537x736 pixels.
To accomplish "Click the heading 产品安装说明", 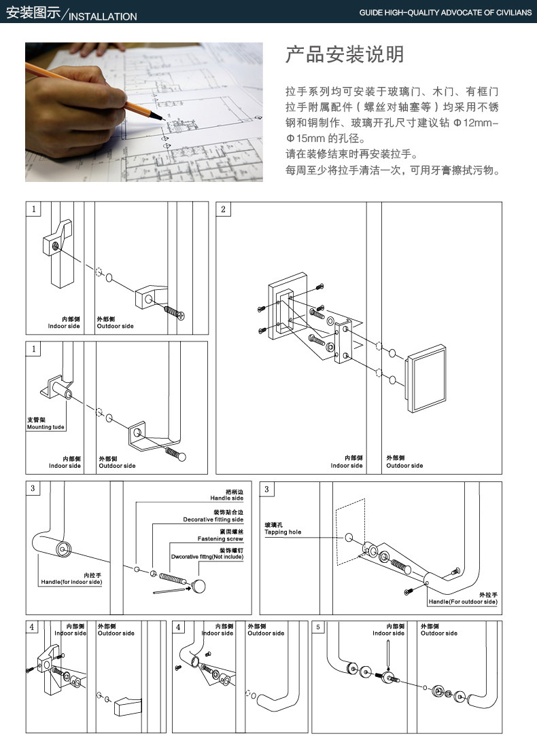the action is [345, 54].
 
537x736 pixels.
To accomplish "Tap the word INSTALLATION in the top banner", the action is [103, 16].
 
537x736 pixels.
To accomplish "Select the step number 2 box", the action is [223, 209].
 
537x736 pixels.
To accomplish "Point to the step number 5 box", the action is [318, 627].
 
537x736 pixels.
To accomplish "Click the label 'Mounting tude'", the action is [46, 427].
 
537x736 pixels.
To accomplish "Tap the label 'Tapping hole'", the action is [283, 532].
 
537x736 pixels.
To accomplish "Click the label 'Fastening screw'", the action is [220, 539].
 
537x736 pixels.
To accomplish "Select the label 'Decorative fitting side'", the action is [213, 519].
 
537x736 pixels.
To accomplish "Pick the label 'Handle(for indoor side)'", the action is [71, 582].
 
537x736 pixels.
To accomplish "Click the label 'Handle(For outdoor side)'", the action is [463, 602].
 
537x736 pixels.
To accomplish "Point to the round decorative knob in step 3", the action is [198, 586].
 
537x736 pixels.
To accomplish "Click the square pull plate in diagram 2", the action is [426, 378].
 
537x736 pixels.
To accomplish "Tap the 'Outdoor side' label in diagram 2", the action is [404, 466].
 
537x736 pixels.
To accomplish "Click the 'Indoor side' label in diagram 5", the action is [389, 633].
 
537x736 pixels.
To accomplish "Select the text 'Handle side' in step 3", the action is [227, 498].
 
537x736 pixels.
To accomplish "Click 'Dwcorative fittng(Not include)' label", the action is [207, 557].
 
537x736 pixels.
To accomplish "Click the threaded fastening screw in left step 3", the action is [173, 578].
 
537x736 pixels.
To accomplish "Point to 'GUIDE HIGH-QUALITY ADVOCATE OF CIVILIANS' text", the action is [445, 13].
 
